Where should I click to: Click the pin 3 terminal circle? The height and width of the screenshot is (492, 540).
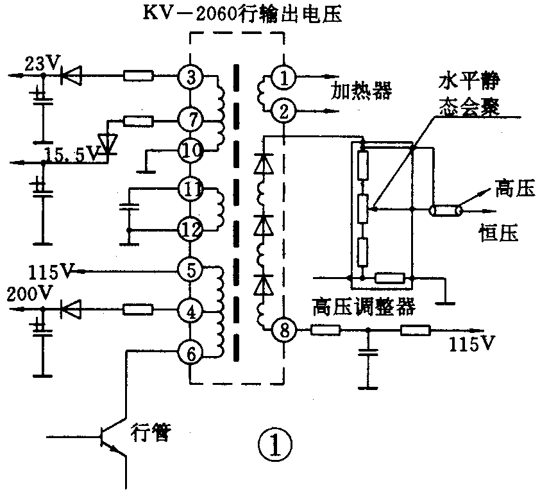click(190, 77)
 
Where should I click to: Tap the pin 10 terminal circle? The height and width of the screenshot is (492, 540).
click(190, 151)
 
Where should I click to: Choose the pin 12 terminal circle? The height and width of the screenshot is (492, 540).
click(190, 228)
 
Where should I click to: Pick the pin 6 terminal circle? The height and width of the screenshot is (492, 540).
click(190, 352)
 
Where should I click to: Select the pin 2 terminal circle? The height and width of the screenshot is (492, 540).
click(282, 110)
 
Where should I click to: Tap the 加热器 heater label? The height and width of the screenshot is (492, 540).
click(360, 90)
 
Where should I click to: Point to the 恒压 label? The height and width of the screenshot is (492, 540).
click(498, 232)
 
